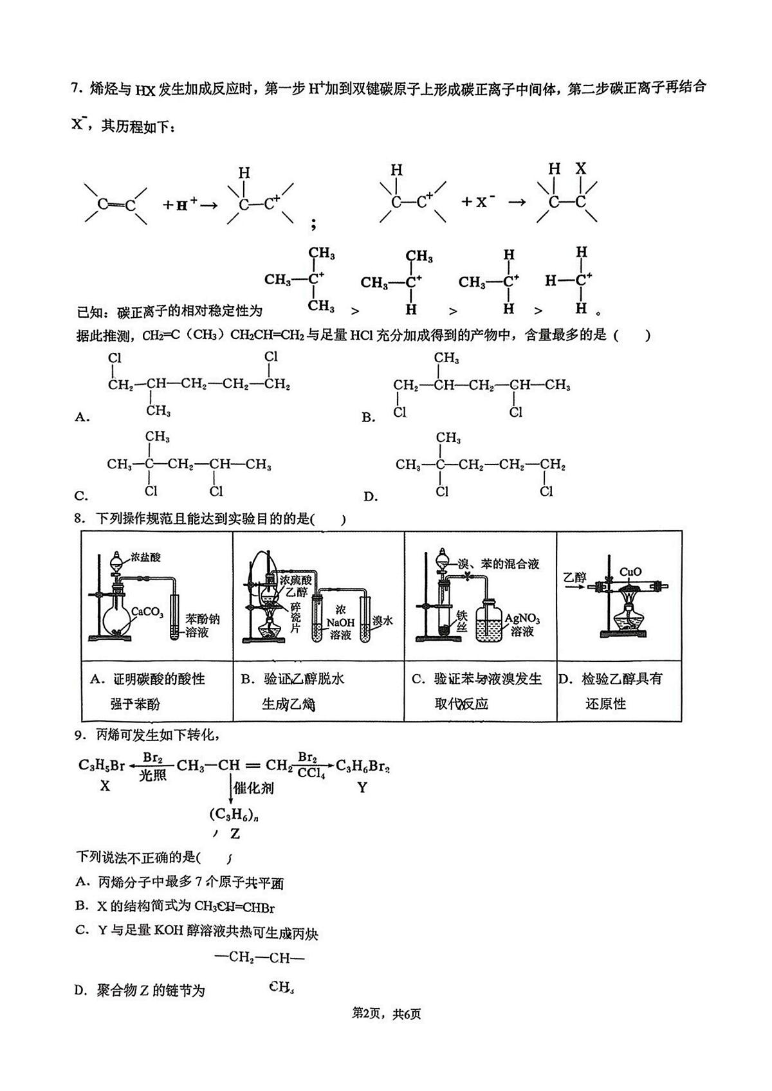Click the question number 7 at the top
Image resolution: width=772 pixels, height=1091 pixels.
point(75,89)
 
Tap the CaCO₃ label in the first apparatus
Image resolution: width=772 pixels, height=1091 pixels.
point(147,612)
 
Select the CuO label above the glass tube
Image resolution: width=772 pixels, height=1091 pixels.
point(630,572)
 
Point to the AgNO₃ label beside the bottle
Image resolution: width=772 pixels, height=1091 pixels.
point(522,619)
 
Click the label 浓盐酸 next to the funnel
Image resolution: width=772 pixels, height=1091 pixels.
point(145,557)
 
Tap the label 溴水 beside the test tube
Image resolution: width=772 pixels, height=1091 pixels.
point(382,621)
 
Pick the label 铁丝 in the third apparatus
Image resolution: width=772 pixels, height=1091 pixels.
point(462,621)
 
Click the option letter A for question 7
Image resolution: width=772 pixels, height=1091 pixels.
point(82,417)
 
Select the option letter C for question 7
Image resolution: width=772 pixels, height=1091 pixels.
point(81,497)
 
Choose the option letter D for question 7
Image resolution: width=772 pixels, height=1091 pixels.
point(371,497)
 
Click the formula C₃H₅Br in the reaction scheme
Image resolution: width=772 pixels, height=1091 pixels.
point(101,766)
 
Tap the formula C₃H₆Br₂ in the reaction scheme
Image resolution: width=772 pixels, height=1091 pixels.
point(363,767)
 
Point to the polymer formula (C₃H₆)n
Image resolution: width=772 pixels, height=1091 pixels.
point(234,814)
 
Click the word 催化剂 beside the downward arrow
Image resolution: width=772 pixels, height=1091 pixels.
point(253,788)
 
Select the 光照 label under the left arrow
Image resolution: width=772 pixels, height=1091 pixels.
point(152,775)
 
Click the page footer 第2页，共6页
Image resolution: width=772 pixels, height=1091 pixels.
point(386,1014)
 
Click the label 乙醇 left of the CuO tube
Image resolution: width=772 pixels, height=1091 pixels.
point(574,578)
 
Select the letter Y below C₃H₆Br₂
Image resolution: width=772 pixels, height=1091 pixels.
point(362,787)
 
